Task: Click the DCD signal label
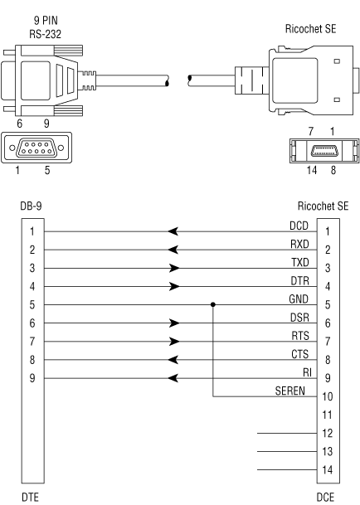coord(299,226)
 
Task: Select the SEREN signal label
coord(289,391)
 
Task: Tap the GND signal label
coord(299,299)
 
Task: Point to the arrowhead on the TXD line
coord(174,268)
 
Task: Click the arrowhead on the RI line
coord(173,378)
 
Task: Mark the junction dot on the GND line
coord(212,304)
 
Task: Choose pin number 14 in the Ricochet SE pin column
coord(327,470)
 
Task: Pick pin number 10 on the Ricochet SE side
coord(327,396)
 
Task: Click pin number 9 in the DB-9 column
coord(32,378)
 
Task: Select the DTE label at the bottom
coord(30,498)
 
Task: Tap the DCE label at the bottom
coord(325,498)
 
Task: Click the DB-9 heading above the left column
coord(31,206)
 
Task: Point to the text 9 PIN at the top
coord(46,21)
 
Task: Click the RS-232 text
coord(45,34)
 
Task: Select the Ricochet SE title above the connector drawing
coord(311,29)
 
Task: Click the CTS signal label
coord(299,354)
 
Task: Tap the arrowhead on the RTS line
coord(174,342)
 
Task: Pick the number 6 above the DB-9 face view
coord(20,124)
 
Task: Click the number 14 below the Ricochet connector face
coord(312,170)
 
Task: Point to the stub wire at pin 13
coord(287,452)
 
